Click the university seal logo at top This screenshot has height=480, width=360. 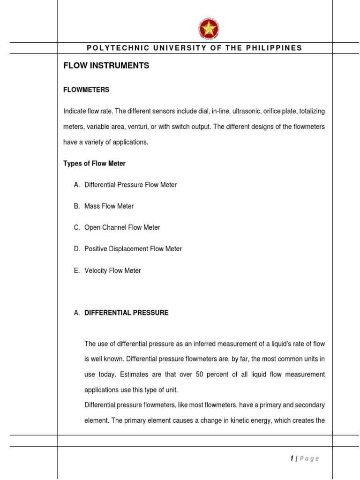click(x=209, y=30)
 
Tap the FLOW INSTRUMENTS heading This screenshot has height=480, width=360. click(x=106, y=66)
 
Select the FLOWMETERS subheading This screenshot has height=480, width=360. click(x=86, y=90)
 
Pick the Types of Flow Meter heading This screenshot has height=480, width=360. click(x=94, y=164)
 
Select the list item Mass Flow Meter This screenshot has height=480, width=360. click(x=109, y=206)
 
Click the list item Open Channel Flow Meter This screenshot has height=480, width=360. click(x=122, y=227)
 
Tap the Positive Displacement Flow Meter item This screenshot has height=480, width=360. click(x=133, y=249)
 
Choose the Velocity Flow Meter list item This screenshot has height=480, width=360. click(x=112, y=270)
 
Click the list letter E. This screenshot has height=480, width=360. click(x=76, y=270)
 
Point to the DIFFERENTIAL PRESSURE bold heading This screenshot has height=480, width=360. click(x=126, y=313)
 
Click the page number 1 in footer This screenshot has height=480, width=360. click(x=292, y=458)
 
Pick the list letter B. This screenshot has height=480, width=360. click(x=76, y=206)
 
